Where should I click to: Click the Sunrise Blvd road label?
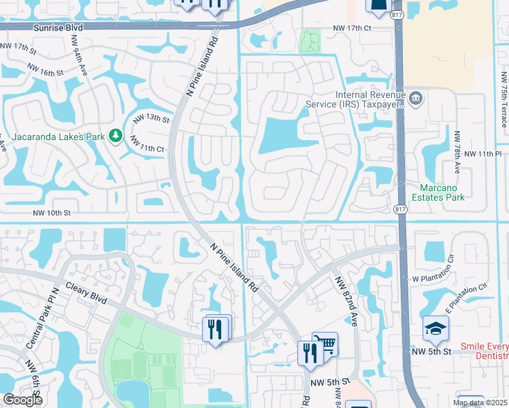click(61, 27)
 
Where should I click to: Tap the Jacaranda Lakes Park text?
click(52, 137)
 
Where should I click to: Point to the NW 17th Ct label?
click(352, 28)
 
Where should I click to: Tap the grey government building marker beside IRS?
click(416, 99)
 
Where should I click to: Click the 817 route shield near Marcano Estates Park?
click(400, 209)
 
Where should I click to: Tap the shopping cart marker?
click(325, 344)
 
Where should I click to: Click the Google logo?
click(22, 400)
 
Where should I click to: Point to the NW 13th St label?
click(151, 118)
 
